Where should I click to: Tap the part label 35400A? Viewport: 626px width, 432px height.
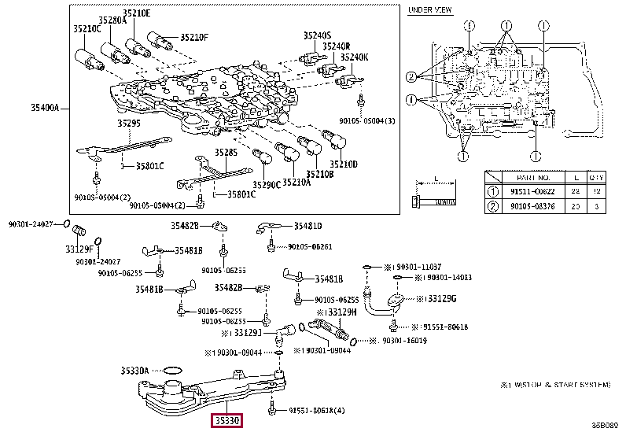click(46, 107)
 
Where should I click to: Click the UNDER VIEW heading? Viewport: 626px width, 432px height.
click(429, 10)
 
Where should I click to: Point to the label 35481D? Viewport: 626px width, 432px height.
click(308, 227)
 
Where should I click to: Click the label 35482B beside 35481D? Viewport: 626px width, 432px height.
click(186, 227)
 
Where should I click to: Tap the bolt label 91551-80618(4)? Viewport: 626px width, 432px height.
click(316, 410)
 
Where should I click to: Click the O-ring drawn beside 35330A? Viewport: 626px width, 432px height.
click(173, 369)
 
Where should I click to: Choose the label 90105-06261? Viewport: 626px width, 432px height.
click(310, 247)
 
